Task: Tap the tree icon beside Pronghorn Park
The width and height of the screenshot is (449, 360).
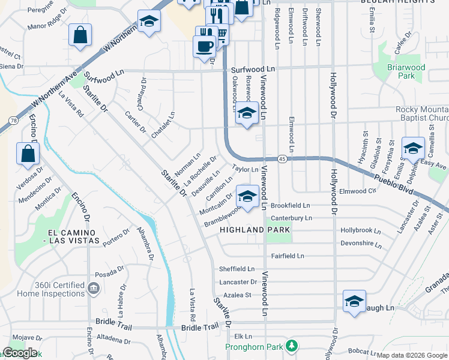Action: [x=292, y=346]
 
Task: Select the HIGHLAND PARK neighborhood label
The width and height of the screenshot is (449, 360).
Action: [x=255, y=230]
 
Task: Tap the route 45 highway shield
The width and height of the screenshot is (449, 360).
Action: [x=282, y=159]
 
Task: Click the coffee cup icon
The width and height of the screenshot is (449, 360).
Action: [x=204, y=46]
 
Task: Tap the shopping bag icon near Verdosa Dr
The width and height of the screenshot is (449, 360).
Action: [x=28, y=154]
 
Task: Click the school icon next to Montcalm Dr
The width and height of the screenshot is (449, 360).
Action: [x=247, y=196]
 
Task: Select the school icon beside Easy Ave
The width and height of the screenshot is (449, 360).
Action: [x=413, y=149]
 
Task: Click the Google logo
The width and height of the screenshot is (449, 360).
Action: [x=20, y=353]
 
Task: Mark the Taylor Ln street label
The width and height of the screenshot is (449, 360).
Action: [x=245, y=170]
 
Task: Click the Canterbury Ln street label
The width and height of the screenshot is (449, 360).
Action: [x=292, y=218]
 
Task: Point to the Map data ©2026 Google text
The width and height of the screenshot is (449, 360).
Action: [x=412, y=355]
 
